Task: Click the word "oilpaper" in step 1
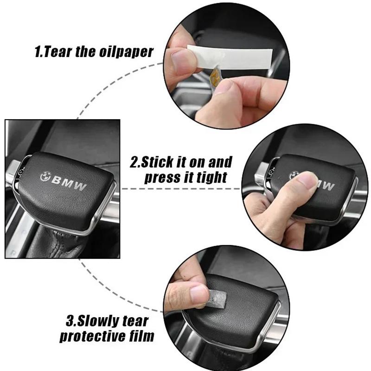tap(126, 52)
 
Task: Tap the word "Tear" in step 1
tap(57, 51)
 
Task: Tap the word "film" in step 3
tap(142, 336)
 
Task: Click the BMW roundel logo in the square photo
tap(45, 177)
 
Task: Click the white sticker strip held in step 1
tap(230, 56)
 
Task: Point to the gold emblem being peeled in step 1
tap(215, 77)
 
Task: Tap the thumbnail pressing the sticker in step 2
tap(307, 179)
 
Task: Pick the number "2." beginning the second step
tap(135, 162)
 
